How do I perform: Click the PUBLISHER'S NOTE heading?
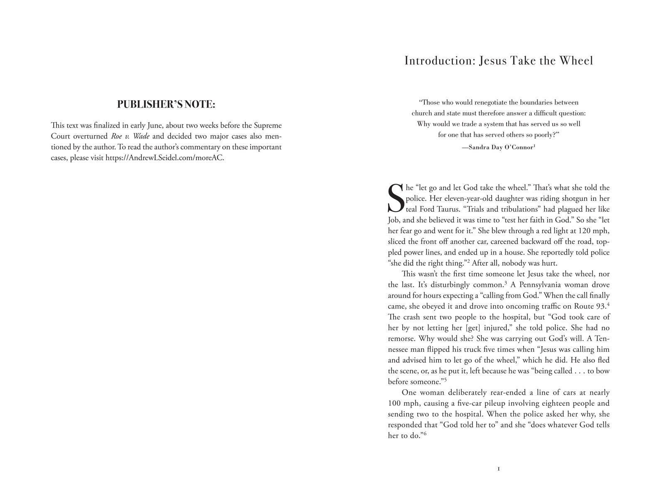166,104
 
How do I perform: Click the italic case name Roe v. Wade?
130,136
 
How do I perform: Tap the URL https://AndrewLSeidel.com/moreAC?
165,158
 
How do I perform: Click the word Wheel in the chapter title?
576,61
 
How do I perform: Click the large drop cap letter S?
396,198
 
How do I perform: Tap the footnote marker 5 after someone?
445,380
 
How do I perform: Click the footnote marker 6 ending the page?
426,434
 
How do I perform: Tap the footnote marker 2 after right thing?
468,261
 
